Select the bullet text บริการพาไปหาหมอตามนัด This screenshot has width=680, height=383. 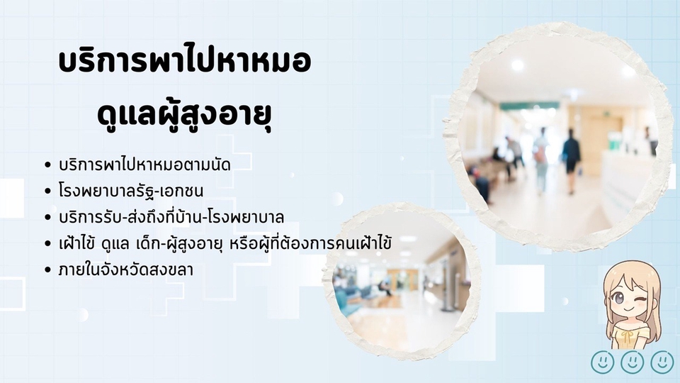pyautogui.click(x=144, y=165)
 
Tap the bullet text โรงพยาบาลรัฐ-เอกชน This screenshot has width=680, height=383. pyautogui.click(x=130, y=191)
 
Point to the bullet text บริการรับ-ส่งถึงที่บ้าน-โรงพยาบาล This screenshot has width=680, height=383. pyautogui.click(x=171, y=216)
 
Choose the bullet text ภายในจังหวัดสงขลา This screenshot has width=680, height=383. pyautogui.click(x=126, y=270)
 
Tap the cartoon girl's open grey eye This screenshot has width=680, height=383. pyautogui.click(x=619, y=299)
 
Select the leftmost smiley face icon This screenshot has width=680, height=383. pyautogui.click(x=602, y=362)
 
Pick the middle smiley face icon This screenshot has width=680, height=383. pyautogui.click(x=633, y=362)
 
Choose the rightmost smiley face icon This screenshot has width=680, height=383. pyautogui.click(x=662, y=362)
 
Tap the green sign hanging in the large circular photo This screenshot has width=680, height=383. pyautogui.click(x=529, y=106)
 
